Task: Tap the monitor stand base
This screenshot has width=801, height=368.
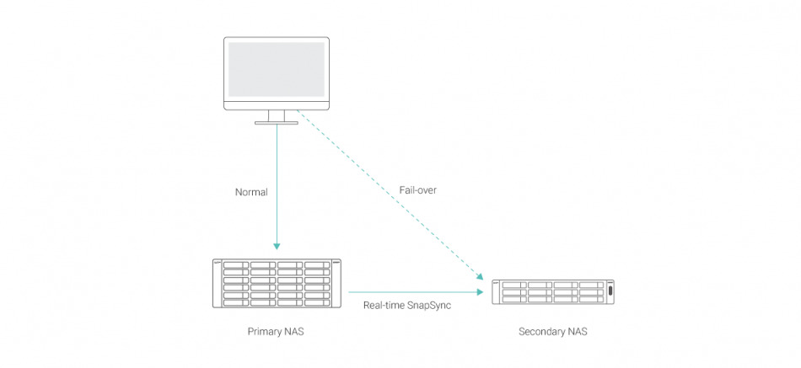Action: coord(277,124)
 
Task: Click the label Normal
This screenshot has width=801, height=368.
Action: coord(251,192)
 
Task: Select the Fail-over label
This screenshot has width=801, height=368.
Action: coord(418,190)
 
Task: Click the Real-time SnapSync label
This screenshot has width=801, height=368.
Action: coord(406,305)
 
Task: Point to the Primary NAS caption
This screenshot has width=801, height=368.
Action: coord(276,331)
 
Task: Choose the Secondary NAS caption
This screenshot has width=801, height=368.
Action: coord(553,331)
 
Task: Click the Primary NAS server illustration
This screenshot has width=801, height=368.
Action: coord(277,283)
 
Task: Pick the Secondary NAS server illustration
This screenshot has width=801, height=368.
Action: coord(553,291)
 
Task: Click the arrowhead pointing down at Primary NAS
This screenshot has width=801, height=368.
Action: coord(277,245)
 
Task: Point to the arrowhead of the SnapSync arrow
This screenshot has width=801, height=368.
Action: coord(481,292)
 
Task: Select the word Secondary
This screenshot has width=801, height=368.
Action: coord(542,331)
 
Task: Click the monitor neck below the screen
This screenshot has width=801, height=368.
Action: coord(277,115)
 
